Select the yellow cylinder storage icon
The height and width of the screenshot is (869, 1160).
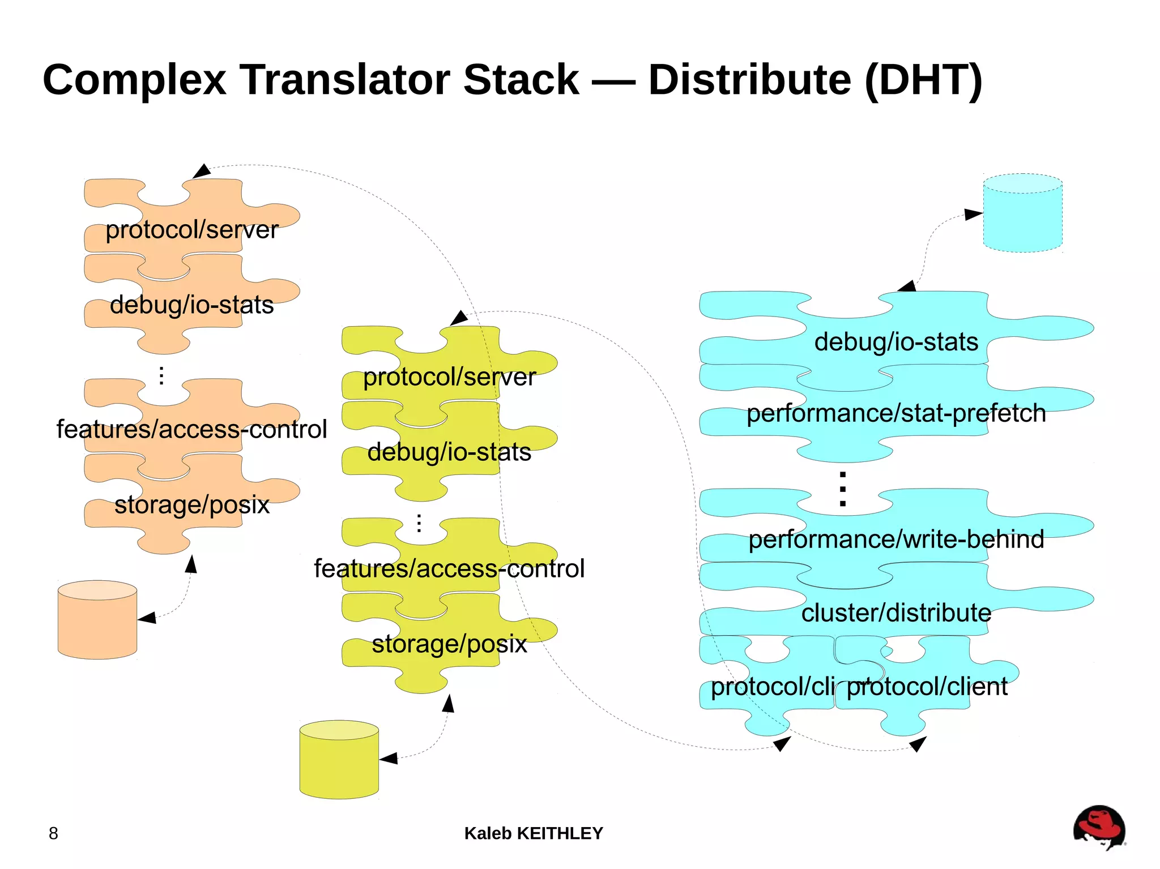(x=339, y=760)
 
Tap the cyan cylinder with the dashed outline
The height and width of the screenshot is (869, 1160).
(x=1022, y=213)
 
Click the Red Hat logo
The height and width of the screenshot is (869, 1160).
(x=1099, y=828)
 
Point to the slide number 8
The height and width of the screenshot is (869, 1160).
(x=53, y=833)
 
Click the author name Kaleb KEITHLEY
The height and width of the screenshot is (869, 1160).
(x=534, y=833)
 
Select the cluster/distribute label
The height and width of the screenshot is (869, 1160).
(x=896, y=613)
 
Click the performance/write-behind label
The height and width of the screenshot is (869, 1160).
(x=896, y=540)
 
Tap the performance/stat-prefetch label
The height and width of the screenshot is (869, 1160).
(x=896, y=413)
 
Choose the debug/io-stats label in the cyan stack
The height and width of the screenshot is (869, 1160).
(x=896, y=342)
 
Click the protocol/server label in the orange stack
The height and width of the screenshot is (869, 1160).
(x=191, y=230)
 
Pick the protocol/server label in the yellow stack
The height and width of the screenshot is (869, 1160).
(x=449, y=377)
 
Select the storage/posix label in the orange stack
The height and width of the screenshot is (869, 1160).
(x=191, y=504)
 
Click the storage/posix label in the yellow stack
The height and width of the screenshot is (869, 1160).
(x=449, y=644)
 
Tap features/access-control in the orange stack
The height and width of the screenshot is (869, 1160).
(x=191, y=429)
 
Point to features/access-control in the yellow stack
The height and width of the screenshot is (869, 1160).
(x=449, y=568)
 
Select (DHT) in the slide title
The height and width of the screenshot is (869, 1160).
(x=923, y=80)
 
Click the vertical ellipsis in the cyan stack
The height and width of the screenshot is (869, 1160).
(x=843, y=489)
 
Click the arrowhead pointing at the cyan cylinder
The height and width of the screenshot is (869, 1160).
(x=973, y=215)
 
